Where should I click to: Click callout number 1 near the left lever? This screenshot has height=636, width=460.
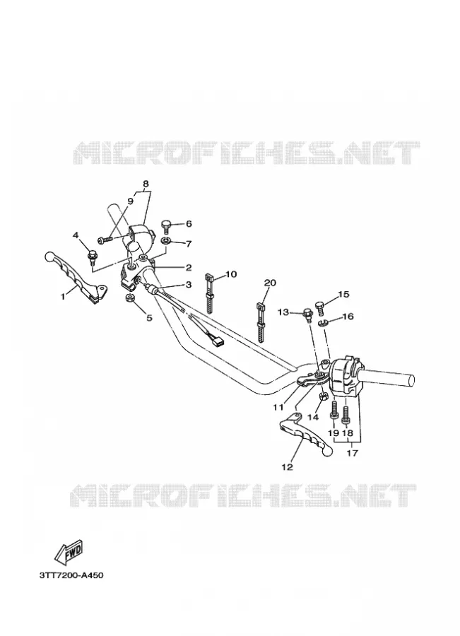[x=63, y=297]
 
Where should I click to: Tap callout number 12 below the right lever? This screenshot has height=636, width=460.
[x=287, y=467]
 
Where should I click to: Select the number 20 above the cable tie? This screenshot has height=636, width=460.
[x=270, y=282]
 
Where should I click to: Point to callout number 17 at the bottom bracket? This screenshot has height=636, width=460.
[x=353, y=453]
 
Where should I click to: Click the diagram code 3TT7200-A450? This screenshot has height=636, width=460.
[x=71, y=575]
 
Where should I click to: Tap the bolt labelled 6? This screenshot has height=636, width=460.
[x=166, y=226]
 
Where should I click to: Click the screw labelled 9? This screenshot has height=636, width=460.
[x=105, y=240]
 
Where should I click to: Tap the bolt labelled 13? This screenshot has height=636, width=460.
[x=307, y=314]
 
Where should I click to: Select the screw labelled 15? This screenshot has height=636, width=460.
[x=319, y=310]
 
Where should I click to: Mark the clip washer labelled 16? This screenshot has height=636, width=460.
[x=322, y=323]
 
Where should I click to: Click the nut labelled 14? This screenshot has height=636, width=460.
[x=324, y=396]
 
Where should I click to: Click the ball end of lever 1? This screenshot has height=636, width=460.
[x=49, y=257]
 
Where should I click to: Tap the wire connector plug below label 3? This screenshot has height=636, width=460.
[x=217, y=341]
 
